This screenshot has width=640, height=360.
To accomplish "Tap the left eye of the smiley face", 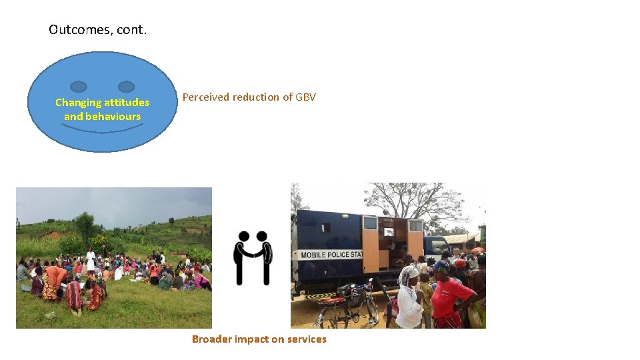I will click(x=79, y=87).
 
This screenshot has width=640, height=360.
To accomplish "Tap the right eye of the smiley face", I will click(x=126, y=87).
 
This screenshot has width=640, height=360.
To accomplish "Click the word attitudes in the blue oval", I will click(x=126, y=103).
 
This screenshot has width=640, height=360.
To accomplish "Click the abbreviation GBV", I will click(x=305, y=97).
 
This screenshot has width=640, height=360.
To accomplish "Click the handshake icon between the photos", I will click(x=253, y=257).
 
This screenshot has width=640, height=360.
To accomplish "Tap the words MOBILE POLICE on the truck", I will click(x=327, y=255).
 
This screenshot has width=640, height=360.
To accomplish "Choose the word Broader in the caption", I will click(x=210, y=339).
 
